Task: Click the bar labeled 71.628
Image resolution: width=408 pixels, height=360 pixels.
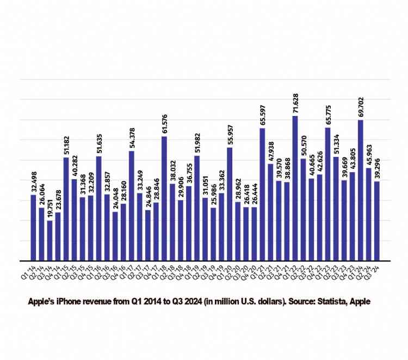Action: tap(295, 188)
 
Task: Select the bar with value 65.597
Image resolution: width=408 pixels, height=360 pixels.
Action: tap(262, 194)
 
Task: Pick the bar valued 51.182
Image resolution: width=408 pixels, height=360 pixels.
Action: tap(66, 209)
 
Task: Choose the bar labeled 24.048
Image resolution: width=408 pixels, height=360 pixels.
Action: tap(115, 236)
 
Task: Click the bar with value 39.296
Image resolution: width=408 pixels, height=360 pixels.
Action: tap(376, 221)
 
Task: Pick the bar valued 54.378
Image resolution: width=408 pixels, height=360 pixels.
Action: tap(132, 206)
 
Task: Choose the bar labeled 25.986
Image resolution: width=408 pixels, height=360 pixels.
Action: tap(213, 234)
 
